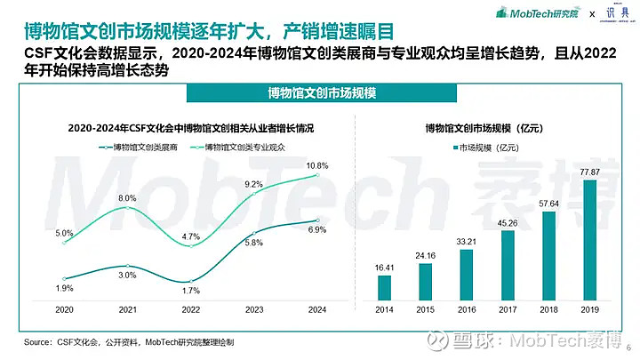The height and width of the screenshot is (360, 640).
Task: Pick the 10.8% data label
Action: point(317,165)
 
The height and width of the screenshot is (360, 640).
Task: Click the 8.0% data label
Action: point(127,197)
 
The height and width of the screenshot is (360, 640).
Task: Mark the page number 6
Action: point(628,348)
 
